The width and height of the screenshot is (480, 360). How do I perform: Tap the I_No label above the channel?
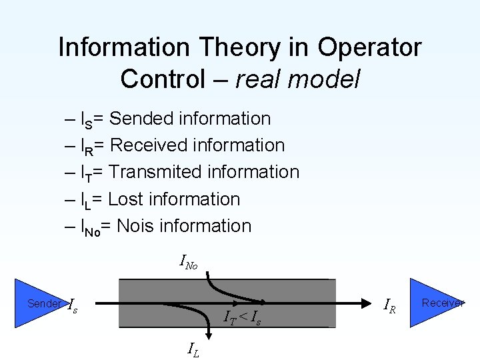[x=189, y=262]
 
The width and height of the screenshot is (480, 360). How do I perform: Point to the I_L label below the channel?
[x=192, y=348]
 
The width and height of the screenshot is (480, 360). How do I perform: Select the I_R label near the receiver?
[x=391, y=306]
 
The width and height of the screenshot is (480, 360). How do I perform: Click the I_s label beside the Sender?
[x=73, y=305]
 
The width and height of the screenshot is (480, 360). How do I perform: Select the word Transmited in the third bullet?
[x=155, y=172]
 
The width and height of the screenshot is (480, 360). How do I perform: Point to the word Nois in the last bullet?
[x=137, y=226]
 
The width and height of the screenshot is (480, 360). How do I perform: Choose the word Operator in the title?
[x=369, y=48]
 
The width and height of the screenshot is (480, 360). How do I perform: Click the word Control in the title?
[x=163, y=79]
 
